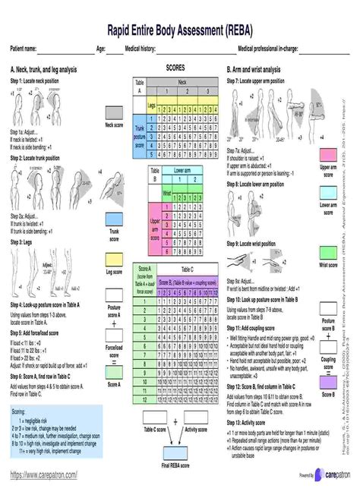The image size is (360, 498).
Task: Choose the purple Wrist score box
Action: [328, 252]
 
